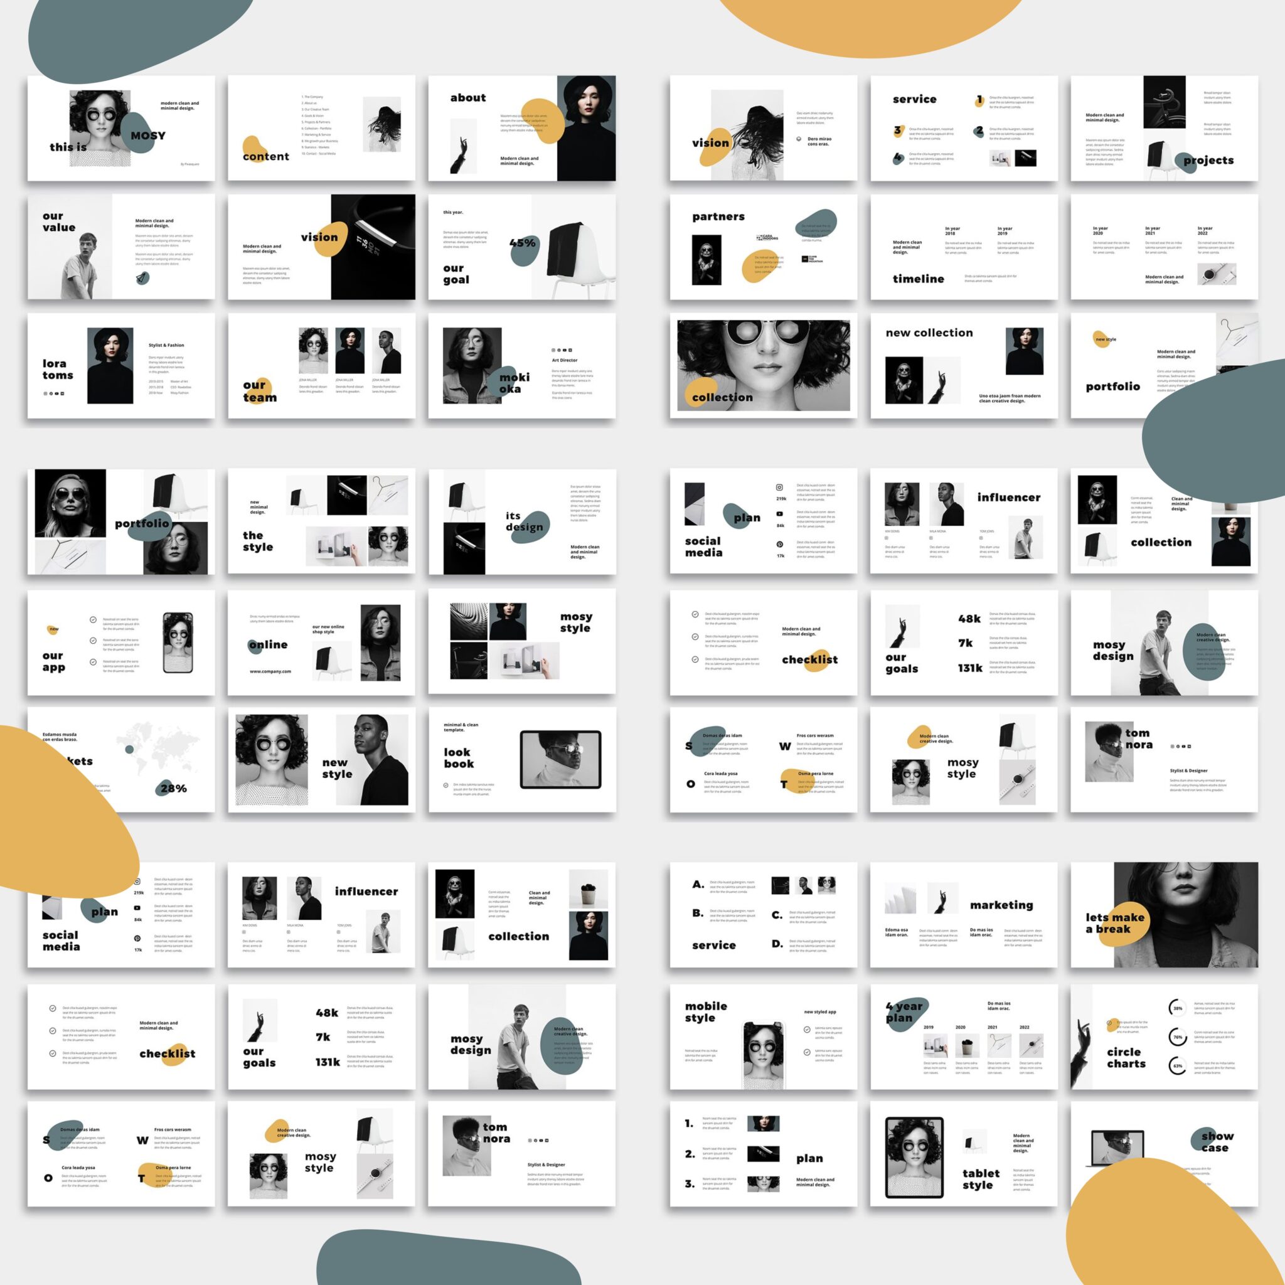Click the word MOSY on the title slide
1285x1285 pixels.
[x=147, y=136]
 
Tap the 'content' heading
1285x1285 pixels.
[x=266, y=156]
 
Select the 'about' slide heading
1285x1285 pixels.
[x=467, y=98]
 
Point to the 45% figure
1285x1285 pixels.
[x=522, y=243]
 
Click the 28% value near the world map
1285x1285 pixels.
[x=174, y=788]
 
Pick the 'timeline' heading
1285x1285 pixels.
[x=918, y=279]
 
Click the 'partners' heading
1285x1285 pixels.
[x=718, y=216]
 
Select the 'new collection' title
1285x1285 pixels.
[x=929, y=333]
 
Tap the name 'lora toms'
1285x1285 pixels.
[x=58, y=369]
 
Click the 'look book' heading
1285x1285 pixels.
[x=459, y=757]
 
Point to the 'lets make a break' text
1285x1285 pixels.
[x=1115, y=922]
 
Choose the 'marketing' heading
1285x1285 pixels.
[x=1001, y=905]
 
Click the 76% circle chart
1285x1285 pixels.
[x=1177, y=1037]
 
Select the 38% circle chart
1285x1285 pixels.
[x=1177, y=1008]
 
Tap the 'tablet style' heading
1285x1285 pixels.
[x=981, y=1178]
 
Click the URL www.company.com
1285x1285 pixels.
[x=270, y=671]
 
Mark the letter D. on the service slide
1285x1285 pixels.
[x=777, y=943]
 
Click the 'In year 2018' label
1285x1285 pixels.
[x=952, y=231]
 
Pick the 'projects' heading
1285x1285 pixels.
[x=1208, y=160]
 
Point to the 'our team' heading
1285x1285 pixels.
[x=259, y=391]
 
